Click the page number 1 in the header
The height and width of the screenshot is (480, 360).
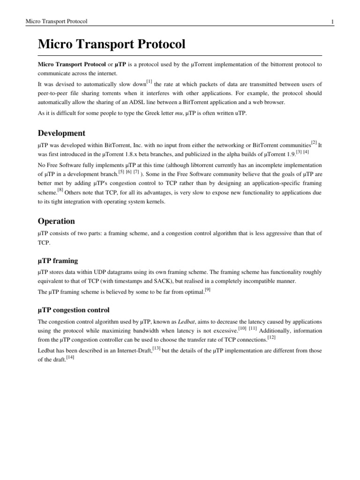pyautogui.click(x=332, y=22)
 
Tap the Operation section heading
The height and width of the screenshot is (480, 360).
pyautogui.click(x=56, y=221)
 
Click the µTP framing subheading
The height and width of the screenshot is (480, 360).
pyautogui.click(x=58, y=260)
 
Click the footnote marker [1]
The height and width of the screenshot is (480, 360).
pyautogui.click(x=149, y=82)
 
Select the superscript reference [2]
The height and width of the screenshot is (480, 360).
pyautogui.click(x=314, y=143)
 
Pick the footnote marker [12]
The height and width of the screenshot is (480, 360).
pyautogui.click(x=271, y=336)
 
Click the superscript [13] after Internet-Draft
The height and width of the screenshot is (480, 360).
pyautogui.click(x=157, y=347)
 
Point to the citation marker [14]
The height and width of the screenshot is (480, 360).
pyautogui.click(x=70, y=357)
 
